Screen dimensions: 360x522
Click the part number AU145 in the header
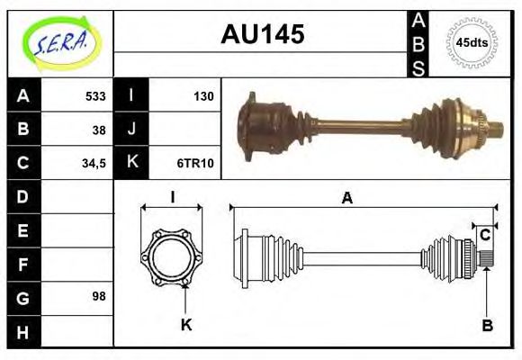(x=262, y=35)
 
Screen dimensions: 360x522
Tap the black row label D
(x=23, y=196)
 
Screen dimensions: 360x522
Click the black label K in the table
(x=131, y=163)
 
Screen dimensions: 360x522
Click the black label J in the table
(x=131, y=130)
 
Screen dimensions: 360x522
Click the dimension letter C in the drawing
(x=485, y=235)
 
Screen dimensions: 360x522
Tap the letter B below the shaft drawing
(x=486, y=326)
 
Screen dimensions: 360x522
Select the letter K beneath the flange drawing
(x=186, y=325)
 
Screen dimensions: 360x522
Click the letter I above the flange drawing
(x=171, y=197)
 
